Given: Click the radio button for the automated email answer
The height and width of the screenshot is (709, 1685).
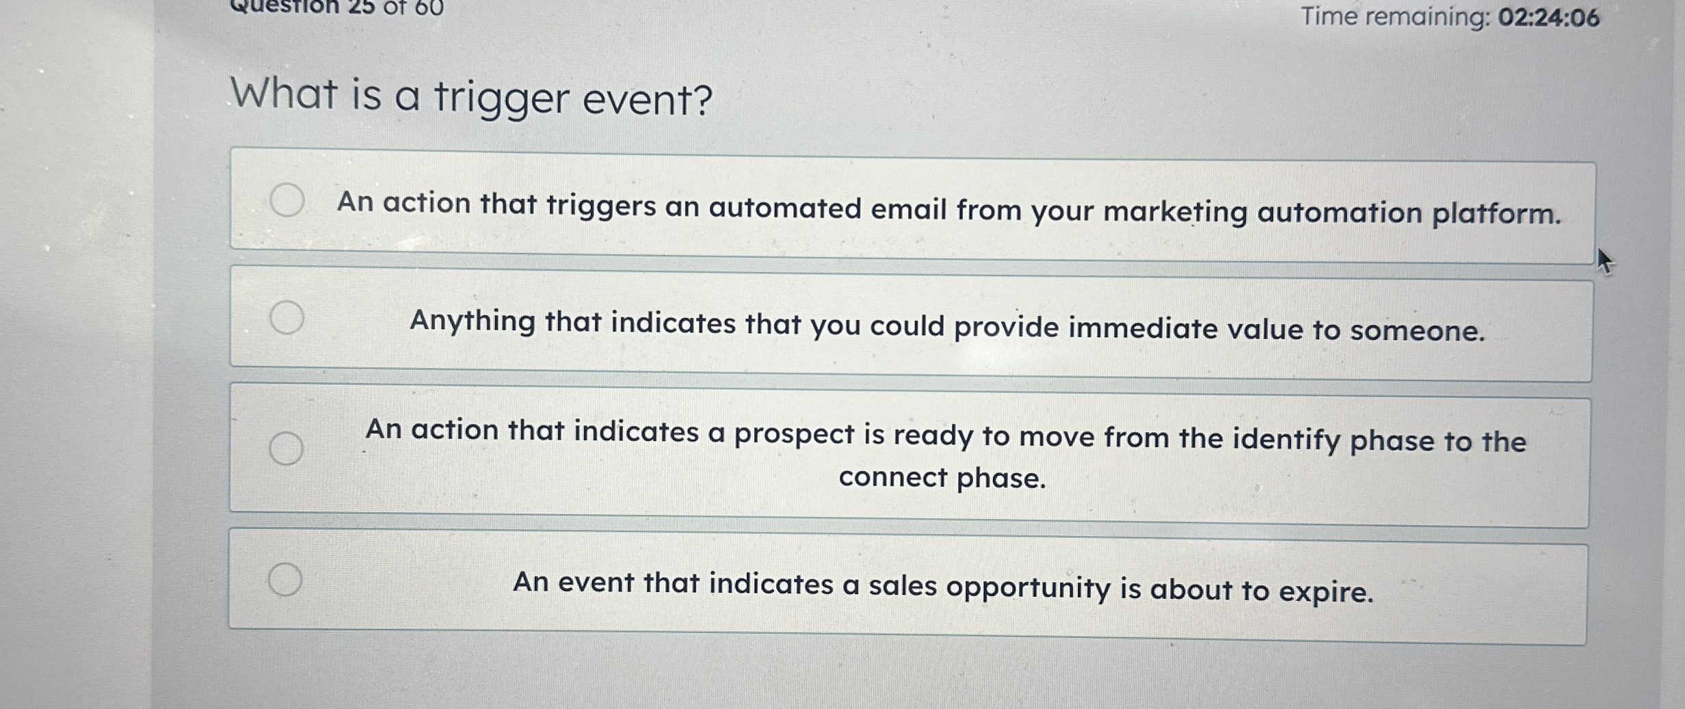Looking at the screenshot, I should tap(287, 200).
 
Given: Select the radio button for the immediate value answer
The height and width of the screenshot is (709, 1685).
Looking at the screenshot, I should tap(287, 317).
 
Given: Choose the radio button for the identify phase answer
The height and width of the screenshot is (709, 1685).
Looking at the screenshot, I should tap(286, 449).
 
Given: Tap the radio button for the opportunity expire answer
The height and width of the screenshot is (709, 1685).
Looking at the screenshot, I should tap(285, 579).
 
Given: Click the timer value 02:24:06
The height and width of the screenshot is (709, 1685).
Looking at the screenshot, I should tap(1548, 18).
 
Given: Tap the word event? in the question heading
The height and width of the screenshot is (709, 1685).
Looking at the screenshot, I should tap(647, 100).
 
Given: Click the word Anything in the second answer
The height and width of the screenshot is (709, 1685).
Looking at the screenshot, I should tap(472, 321).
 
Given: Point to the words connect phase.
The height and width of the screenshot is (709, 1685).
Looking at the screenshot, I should tap(942, 478).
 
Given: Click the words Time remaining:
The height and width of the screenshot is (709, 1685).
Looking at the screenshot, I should tap(1395, 16).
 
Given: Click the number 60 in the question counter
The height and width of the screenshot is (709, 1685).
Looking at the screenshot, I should tap(429, 7).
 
